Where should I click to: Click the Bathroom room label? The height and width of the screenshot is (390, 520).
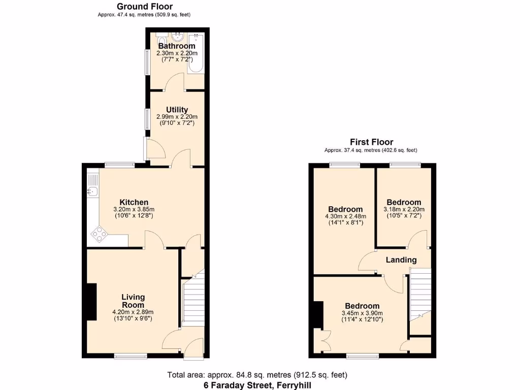coord(177,46)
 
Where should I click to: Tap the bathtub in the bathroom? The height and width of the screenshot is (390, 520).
coord(196,54)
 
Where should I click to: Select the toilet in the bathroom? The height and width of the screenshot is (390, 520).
coord(161,40)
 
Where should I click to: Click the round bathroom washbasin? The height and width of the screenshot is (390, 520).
coord(178,37)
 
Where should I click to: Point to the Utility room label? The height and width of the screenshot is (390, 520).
coord(177,110)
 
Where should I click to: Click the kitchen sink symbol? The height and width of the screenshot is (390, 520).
coord(93,191)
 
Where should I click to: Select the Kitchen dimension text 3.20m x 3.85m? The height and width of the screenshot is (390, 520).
coord(134,209)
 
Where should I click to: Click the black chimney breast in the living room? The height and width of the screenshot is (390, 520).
coord(91,302)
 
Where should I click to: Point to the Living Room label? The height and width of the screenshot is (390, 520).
coord(133,301)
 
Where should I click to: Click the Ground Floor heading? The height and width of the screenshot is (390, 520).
coord(144,7)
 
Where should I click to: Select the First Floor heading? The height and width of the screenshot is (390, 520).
coord(371,142)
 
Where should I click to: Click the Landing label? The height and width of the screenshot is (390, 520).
coord(401,260)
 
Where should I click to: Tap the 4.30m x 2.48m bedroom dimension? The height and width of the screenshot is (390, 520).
coord(345,216)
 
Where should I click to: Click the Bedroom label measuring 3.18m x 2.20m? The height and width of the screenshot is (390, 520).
coord(404,202)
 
